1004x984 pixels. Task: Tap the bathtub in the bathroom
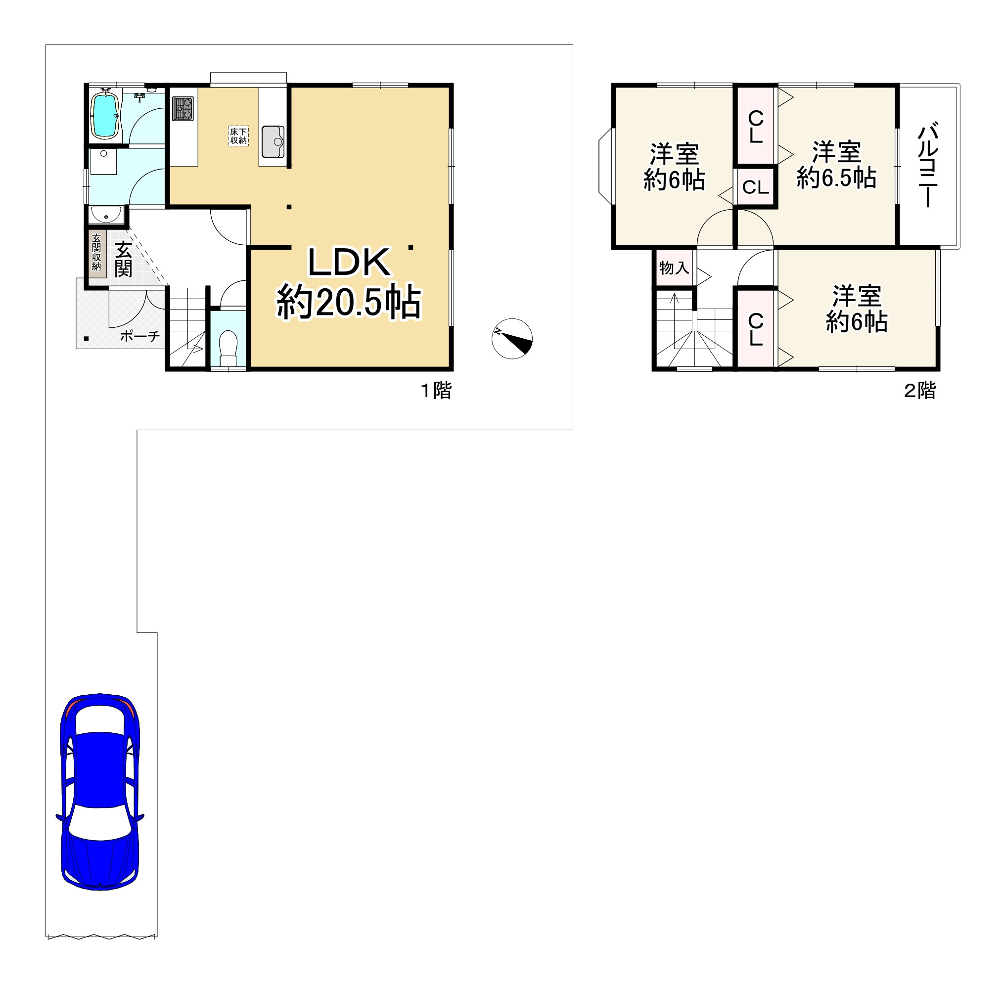(105, 115)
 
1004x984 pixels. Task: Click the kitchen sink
(273, 141)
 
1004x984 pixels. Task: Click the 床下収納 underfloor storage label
(238, 136)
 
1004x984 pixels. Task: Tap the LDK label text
(349, 263)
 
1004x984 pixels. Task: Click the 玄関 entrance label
(123, 259)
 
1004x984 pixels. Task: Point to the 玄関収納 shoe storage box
(96, 253)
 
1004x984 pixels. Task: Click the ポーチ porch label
(139, 336)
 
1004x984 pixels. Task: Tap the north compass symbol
(512, 339)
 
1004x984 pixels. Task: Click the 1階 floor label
(436, 390)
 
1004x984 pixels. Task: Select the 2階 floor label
(920, 391)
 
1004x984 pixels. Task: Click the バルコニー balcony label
(928, 164)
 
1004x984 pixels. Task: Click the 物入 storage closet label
(674, 268)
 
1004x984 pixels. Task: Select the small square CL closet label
(756, 187)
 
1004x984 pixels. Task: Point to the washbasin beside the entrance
(106, 214)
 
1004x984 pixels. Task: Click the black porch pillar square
(87, 339)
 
